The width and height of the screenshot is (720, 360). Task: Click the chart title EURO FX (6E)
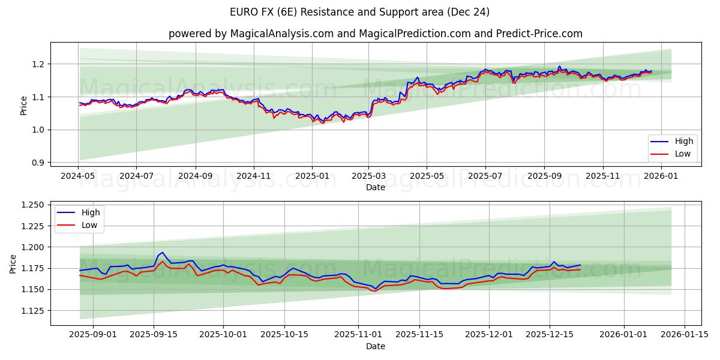point(359,12)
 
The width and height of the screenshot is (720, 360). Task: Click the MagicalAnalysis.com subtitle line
point(375,34)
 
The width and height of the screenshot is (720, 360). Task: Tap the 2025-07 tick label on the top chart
point(484,176)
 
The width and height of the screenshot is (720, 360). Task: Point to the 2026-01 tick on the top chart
point(661,176)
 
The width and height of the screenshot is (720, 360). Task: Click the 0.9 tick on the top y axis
point(38,163)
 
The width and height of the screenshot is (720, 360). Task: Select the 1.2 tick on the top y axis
point(38,64)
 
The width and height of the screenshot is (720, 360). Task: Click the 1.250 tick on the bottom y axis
point(33,205)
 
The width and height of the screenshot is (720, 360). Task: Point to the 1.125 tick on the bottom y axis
point(33,311)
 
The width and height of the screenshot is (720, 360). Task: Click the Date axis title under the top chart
point(375,187)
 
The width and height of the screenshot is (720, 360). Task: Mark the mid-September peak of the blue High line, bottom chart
point(162,253)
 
